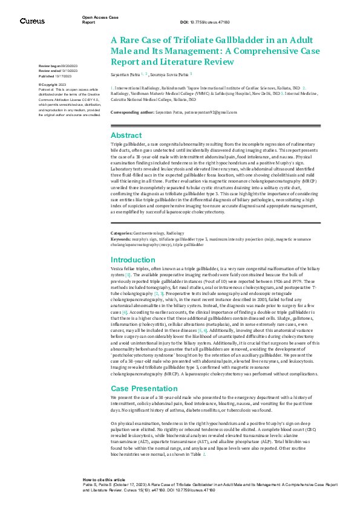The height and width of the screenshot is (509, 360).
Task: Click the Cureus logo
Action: click(x=32, y=21)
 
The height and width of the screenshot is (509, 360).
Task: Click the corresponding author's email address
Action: click(x=208, y=112)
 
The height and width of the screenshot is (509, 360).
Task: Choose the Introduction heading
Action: click(x=133, y=259)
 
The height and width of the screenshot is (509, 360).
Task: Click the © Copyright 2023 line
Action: click(x=53, y=84)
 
